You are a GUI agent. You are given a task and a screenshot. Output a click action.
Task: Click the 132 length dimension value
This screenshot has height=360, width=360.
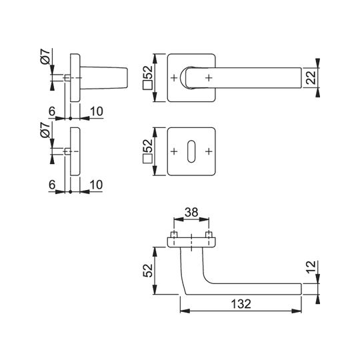(x=241, y=304)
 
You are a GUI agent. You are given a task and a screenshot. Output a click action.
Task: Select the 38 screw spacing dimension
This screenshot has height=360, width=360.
(x=191, y=212)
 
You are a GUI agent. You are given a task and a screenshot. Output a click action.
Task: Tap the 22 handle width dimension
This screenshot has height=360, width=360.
(x=311, y=78)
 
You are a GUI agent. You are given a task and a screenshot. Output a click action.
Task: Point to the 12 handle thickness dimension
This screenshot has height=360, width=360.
(x=311, y=267)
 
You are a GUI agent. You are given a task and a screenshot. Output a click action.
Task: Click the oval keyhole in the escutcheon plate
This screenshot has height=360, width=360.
(x=191, y=151)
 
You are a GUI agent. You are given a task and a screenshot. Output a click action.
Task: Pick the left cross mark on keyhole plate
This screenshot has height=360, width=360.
(x=174, y=151)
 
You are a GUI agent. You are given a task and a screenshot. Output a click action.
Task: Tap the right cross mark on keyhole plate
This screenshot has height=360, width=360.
(x=209, y=151)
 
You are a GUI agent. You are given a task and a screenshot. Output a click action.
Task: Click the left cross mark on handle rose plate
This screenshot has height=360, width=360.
(x=174, y=78)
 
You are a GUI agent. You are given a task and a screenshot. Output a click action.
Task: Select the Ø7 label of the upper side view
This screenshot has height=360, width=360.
(x=45, y=57)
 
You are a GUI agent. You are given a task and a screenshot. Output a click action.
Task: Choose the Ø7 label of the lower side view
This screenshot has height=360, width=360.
(x=45, y=130)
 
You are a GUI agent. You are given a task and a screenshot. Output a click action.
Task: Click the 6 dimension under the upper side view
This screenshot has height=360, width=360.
(x=52, y=111)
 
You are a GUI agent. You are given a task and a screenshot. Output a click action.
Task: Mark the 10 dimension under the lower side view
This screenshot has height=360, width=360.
(x=96, y=185)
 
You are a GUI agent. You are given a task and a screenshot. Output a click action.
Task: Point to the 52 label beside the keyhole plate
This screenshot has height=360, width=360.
(x=147, y=145)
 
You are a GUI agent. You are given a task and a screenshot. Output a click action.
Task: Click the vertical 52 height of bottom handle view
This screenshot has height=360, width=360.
(x=147, y=271)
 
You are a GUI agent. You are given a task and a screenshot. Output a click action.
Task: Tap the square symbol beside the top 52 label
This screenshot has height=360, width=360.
(x=147, y=85)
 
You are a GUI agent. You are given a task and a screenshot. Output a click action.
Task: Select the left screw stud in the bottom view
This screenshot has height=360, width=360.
(x=174, y=235)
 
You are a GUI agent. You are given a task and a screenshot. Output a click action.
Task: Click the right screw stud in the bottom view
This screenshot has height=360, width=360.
(x=209, y=235)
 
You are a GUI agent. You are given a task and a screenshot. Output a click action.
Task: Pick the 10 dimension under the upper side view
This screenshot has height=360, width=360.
(x=97, y=111)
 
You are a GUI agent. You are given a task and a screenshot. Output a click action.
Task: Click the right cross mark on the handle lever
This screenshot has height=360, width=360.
(x=209, y=78)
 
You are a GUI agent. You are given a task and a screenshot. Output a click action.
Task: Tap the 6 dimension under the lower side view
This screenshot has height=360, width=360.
(x=52, y=185)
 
